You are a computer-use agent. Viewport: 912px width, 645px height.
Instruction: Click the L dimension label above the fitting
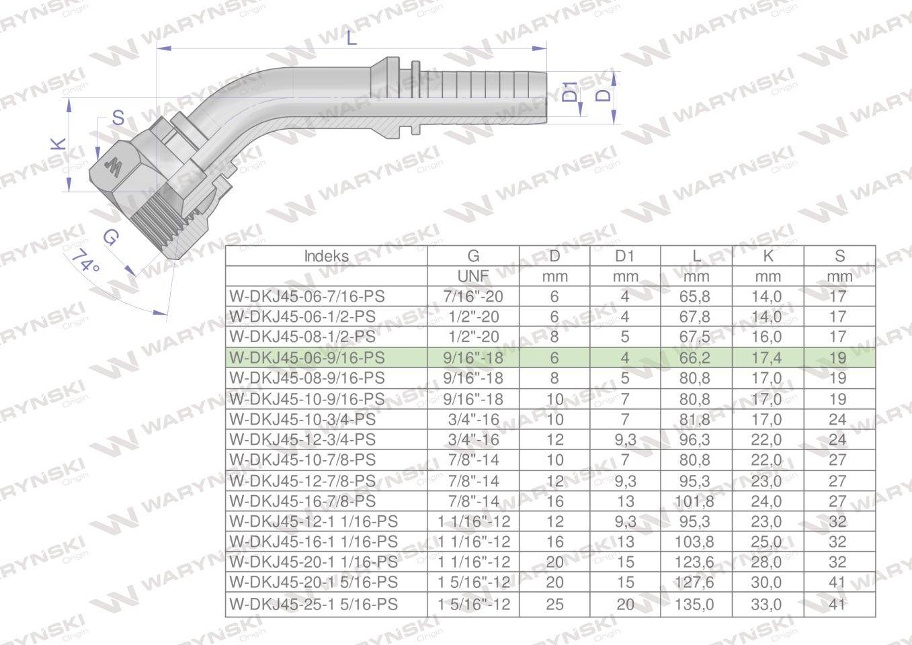tap(351, 38)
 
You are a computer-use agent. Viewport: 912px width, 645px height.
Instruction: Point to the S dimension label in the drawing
tap(118, 118)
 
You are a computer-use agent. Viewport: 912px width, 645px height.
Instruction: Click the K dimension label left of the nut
tap(60, 144)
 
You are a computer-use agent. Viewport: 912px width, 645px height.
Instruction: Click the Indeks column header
tap(326, 256)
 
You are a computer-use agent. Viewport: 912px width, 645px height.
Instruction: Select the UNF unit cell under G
tap(473, 276)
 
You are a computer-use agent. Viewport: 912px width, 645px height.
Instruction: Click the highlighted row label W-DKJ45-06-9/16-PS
tap(307, 357)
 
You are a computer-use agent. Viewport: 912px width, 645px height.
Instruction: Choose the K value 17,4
tap(767, 357)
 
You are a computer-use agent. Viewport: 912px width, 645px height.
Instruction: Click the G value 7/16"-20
tap(473, 296)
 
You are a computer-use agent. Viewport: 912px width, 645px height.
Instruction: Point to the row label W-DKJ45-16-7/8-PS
tap(302, 501)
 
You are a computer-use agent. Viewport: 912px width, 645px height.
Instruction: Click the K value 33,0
tap(767, 604)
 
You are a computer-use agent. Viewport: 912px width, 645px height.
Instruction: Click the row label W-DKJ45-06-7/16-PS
tap(307, 296)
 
